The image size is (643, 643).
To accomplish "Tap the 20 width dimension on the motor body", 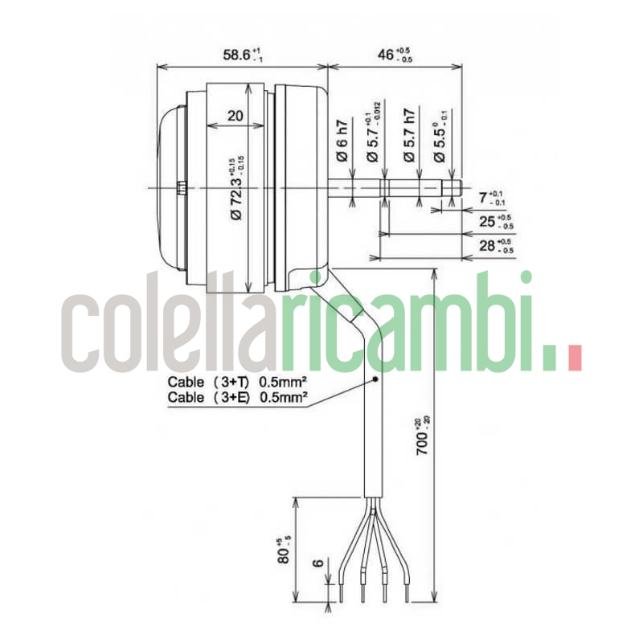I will click(x=235, y=115).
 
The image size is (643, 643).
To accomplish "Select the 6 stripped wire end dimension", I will click(x=320, y=563).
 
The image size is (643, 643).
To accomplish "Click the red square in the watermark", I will click(x=573, y=358).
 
